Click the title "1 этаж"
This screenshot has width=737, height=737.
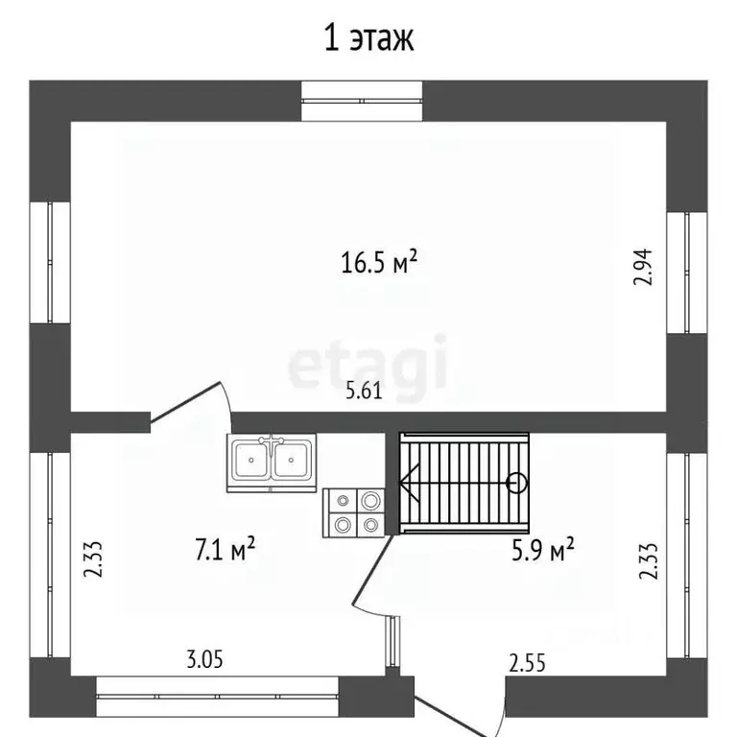(368, 38)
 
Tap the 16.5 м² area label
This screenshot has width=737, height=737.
(379, 262)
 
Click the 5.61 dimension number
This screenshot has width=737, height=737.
(364, 392)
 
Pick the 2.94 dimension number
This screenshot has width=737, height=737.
(643, 267)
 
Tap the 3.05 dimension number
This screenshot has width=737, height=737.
(204, 659)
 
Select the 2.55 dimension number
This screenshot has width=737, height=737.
(528, 663)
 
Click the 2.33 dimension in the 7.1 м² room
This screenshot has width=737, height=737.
(92, 559)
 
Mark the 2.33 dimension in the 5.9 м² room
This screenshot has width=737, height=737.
(648, 561)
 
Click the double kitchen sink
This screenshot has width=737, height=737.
(272, 463)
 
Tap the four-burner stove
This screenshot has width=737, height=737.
(353, 512)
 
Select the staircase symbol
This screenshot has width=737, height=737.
(464, 484)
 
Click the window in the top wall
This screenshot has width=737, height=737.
(362, 101)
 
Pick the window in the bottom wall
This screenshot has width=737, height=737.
(217, 697)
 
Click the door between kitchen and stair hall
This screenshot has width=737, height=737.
(372, 571)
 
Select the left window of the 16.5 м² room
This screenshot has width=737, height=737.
(50, 263)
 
